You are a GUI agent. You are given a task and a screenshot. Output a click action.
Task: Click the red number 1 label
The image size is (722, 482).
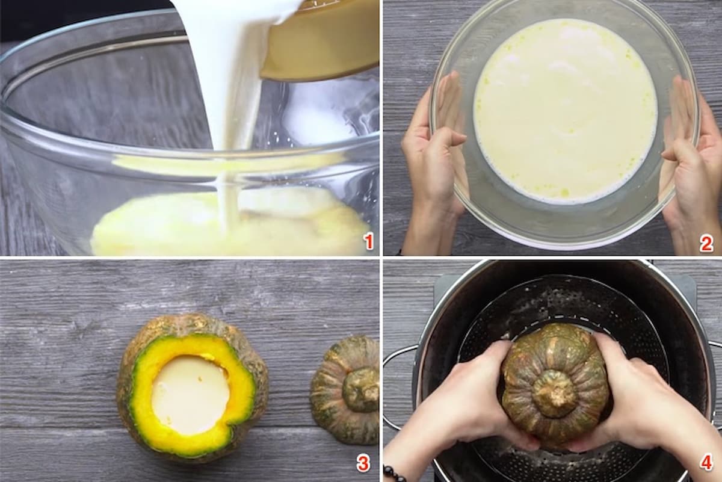[369, 241]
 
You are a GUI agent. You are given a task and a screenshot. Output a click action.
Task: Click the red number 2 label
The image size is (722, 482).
[706, 244]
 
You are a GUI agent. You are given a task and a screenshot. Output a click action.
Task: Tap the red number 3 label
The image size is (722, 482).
[363, 465]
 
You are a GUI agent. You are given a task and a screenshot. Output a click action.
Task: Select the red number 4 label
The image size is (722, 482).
[706, 463]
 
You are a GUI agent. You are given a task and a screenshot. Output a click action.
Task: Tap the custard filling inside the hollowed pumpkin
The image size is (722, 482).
[190, 394]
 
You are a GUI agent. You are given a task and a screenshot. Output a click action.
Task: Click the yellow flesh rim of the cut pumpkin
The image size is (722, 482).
[142, 397]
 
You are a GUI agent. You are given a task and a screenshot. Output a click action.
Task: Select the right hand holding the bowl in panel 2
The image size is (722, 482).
[690, 161]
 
